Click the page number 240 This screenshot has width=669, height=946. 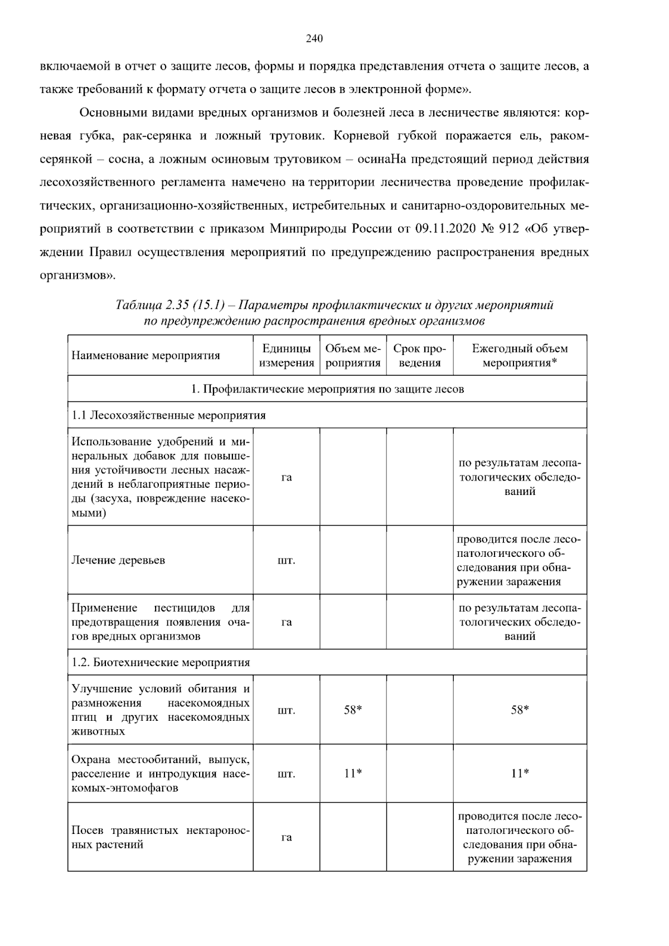click(314, 38)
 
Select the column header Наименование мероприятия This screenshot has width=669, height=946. click(146, 356)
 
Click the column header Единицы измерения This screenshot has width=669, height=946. click(287, 356)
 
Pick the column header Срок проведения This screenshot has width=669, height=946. click(419, 356)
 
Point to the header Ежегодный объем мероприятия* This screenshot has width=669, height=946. click(520, 356)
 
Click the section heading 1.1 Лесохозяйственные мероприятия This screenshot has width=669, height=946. click(169, 415)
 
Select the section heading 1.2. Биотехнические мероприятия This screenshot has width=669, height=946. click(161, 662)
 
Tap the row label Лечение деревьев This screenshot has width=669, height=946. click(118, 560)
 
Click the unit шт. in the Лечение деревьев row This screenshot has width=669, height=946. click(287, 560)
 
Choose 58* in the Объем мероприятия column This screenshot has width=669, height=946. click(353, 710)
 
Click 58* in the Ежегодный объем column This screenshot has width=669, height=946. click(520, 710)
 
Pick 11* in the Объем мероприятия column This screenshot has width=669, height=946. click(353, 773)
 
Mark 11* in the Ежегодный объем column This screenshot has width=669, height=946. click(520, 773)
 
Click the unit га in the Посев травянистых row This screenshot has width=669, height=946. click(287, 837)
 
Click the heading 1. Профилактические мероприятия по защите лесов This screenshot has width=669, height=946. click(327, 389)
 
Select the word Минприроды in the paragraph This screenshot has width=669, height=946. click(308, 229)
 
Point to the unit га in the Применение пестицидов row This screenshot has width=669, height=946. click(287, 622)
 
